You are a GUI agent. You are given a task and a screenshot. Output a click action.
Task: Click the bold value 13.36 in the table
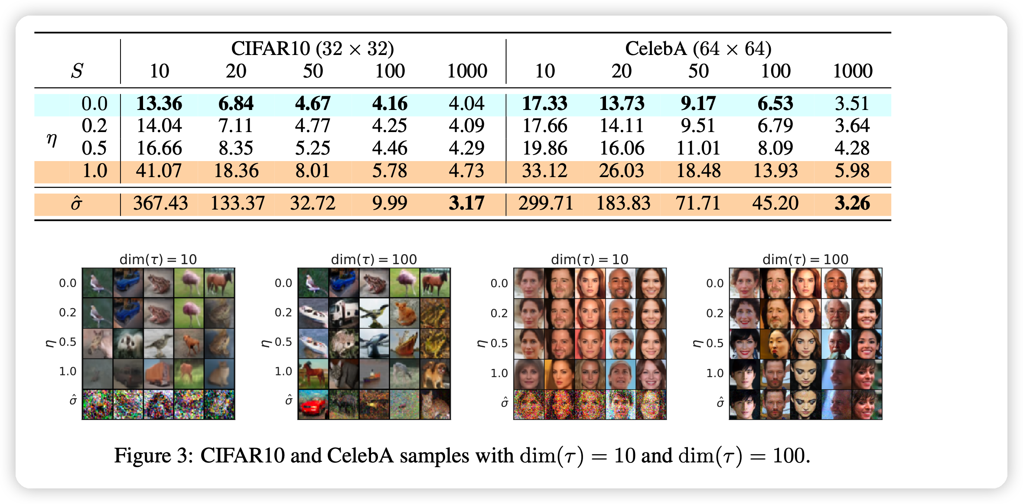[x=159, y=104]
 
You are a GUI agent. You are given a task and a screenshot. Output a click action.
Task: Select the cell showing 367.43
[x=160, y=204]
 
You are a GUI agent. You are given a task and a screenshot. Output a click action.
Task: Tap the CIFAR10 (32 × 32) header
[x=312, y=48]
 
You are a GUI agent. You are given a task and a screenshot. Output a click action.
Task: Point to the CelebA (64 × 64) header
[x=698, y=48]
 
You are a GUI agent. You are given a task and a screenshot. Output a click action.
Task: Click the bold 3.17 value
[x=466, y=204]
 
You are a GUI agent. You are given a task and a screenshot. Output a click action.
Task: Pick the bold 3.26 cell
[x=852, y=204]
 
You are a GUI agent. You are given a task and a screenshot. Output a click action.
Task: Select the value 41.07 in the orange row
[x=159, y=171]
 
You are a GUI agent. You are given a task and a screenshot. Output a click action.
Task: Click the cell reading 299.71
[x=545, y=204]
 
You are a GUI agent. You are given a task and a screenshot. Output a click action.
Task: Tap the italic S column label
[x=77, y=71]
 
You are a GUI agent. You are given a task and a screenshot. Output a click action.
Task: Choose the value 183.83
[x=623, y=204]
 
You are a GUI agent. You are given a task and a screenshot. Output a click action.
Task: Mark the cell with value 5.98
[x=852, y=171]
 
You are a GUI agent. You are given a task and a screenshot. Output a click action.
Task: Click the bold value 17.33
[x=544, y=104]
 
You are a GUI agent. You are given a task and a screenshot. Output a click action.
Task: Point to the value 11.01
[x=698, y=148]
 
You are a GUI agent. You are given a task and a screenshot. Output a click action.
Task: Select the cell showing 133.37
[x=238, y=204]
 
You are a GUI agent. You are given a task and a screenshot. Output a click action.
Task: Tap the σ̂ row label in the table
[x=76, y=204]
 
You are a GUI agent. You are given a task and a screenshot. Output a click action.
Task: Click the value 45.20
[x=775, y=204]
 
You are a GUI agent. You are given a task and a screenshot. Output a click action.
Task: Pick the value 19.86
[x=544, y=148]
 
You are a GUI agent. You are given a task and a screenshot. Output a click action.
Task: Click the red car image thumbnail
[x=313, y=405]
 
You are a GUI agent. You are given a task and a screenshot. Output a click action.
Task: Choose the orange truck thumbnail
[x=159, y=374]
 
